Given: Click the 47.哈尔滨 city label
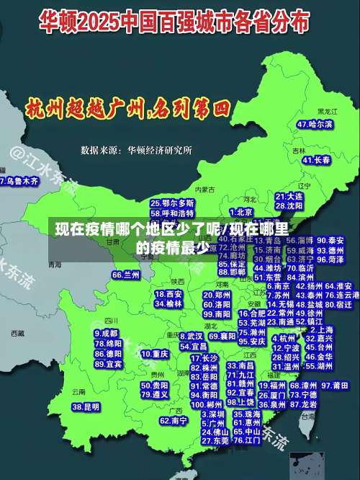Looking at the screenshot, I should (x=315, y=125).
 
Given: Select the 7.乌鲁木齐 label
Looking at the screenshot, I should (x=19, y=182).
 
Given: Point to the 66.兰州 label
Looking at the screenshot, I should (x=126, y=275).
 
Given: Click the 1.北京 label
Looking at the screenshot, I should (x=242, y=213).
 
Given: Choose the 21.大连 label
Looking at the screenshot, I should (x=289, y=195).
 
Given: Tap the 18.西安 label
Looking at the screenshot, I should (x=169, y=294).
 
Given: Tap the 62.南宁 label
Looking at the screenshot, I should (x=174, y=420).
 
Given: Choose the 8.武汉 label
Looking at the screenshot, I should (x=190, y=337).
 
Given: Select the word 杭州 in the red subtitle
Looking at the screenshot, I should (x=44, y=110).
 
